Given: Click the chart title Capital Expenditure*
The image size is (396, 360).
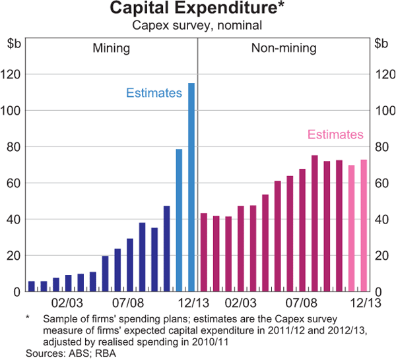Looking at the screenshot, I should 197,9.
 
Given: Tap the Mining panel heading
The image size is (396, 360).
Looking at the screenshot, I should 110,48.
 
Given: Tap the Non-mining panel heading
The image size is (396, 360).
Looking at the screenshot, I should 284,48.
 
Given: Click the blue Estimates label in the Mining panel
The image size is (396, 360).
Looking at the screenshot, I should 154,93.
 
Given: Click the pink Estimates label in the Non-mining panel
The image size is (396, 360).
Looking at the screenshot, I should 335,135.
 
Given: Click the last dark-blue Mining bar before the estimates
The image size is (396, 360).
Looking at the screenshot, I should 167,249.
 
